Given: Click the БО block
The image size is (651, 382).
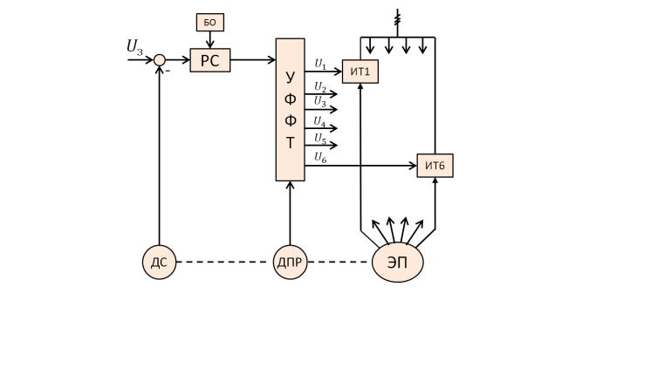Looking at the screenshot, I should click(209, 23).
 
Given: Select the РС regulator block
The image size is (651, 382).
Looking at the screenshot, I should click(209, 60).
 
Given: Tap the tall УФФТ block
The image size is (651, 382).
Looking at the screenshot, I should click(290, 109).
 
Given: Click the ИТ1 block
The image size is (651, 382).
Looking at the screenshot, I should click(360, 72).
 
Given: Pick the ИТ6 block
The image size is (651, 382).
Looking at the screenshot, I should click(435, 165).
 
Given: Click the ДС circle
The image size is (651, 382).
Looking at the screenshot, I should click(159, 262).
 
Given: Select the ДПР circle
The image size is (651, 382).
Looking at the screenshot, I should click(290, 262).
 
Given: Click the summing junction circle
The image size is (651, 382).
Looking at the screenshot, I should click(159, 60).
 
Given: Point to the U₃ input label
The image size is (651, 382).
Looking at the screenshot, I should click(135, 46).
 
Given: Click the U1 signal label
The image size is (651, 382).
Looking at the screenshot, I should click(320, 65).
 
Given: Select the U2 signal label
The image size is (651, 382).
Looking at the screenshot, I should click(320, 88).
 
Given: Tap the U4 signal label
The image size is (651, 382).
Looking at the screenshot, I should click(320, 121).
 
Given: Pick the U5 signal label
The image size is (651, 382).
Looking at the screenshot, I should click(320, 138).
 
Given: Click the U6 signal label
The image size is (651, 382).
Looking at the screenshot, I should click(320, 157).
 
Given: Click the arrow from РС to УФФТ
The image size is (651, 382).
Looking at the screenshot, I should click(252, 60).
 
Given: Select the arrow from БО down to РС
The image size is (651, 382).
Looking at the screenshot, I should click(209, 40).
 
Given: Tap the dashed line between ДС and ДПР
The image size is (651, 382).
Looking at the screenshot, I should click(224, 262).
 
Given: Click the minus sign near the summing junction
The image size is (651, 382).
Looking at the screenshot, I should click(168, 71).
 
